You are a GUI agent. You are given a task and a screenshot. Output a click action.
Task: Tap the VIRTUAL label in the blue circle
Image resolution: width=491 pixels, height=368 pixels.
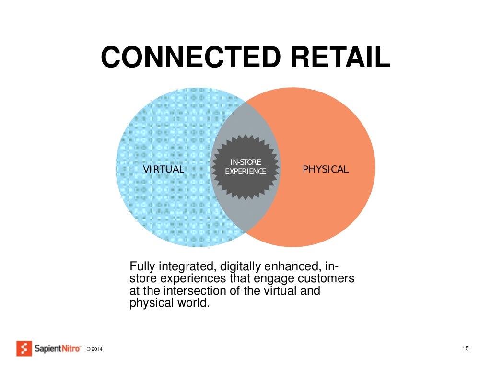point(164,169)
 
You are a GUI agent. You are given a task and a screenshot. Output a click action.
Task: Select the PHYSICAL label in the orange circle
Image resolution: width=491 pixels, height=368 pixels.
point(326,169)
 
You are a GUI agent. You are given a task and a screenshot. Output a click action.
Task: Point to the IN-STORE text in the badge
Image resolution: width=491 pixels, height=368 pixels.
point(245,163)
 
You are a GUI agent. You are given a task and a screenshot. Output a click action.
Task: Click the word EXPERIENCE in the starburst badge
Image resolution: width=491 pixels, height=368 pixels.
point(245,171)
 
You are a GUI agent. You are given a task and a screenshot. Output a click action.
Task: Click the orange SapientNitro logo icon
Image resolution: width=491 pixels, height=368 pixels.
point(24,348)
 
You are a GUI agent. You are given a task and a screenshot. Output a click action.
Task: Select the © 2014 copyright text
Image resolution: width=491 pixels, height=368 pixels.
point(94,349)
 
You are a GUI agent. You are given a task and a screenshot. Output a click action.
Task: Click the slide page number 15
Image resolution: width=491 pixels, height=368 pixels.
point(465,348)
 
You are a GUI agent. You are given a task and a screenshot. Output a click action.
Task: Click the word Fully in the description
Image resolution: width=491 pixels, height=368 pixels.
point(141,266)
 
